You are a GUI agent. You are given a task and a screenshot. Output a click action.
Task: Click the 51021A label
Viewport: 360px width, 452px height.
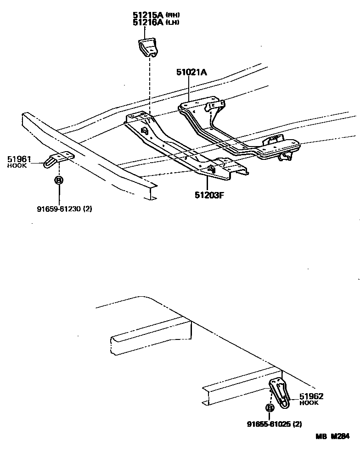[x=191, y=72]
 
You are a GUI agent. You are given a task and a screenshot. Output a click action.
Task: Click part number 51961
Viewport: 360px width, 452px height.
[x=19, y=159]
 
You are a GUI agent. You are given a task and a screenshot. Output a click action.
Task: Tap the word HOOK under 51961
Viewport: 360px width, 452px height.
[x=17, y=165]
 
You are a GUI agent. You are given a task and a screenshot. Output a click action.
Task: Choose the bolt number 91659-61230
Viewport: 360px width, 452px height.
[x=60, y=209]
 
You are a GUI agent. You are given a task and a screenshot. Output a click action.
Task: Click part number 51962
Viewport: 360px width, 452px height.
[x=312, y=396]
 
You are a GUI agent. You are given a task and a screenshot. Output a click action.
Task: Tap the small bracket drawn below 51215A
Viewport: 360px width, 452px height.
[x=148, y=48]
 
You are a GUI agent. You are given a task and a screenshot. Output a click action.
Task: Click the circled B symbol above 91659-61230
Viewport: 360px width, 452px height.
[x=59, y=180]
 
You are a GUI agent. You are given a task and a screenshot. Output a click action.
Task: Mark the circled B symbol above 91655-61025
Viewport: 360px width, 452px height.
[x=270, y=407]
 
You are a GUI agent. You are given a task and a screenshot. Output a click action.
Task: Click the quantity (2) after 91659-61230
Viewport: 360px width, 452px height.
[x=88, y=209]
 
